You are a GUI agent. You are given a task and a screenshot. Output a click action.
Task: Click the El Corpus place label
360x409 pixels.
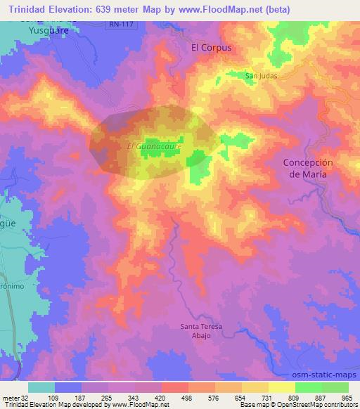[x=212, y=48]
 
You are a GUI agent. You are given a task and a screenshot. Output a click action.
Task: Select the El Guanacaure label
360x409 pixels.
[x=155, y=146]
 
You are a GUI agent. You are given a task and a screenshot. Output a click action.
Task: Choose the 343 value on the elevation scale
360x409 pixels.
[x=132, y=397]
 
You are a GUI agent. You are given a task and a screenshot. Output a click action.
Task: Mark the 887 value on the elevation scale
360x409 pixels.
[x=321, y=397]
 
